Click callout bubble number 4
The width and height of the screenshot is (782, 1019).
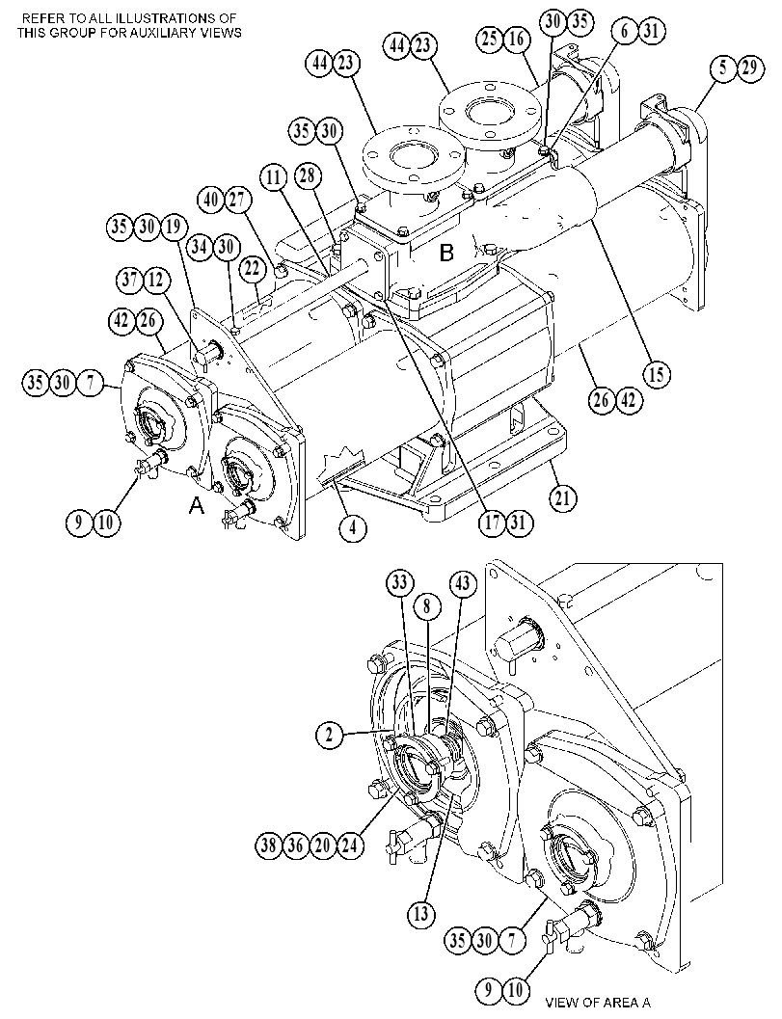(x=352, y=527)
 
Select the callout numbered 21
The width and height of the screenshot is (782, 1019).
(x=563, y=499)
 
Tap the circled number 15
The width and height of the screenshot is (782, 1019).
(x=658, y=374)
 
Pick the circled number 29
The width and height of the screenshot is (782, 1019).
(x=749, y=67)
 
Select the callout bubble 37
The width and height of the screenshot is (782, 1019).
(x=130, y=281)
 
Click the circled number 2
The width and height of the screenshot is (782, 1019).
(x=330, y=735)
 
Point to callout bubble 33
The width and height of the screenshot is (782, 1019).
(x=400, y=582)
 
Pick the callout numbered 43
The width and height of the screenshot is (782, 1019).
(x=462, y=583)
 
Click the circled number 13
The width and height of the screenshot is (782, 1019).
(x=420, y=914)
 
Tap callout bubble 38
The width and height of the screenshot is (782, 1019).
(x=268, y=845)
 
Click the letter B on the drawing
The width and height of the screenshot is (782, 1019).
(x=446, y=253)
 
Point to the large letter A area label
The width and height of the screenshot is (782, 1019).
(x=197, y=505)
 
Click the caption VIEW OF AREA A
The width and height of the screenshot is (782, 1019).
(x=598, y=1002)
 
